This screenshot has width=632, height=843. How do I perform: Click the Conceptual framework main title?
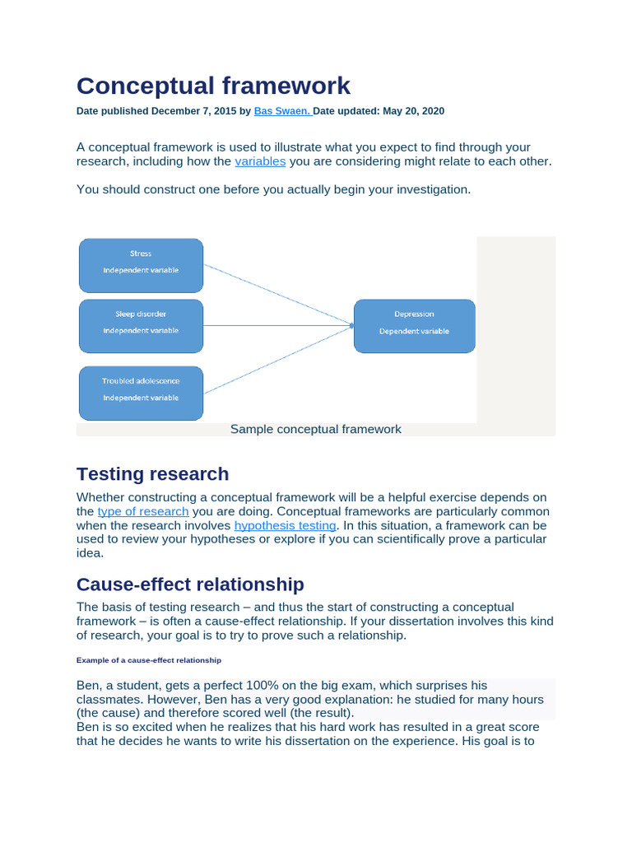pos(213,85)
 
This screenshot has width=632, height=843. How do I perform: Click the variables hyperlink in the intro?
pos(260,161)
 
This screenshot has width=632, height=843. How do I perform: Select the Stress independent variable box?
pos(141,265)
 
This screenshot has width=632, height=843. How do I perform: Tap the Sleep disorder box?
pos(141,326)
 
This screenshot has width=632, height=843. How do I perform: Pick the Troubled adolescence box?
pos(141,393)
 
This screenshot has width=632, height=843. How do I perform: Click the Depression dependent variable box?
pos(414,326)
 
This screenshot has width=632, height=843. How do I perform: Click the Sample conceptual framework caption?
pos(316,429)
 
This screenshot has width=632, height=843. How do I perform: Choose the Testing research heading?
pos(152,474)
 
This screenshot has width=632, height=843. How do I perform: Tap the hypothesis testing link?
pos(285,525)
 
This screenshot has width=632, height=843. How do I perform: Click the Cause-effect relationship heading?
pos(190,585)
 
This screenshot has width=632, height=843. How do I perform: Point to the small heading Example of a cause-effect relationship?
pos(149,660)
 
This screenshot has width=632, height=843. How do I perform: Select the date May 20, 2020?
pos(414,111)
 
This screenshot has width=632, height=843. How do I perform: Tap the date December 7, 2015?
pos(200,111)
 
